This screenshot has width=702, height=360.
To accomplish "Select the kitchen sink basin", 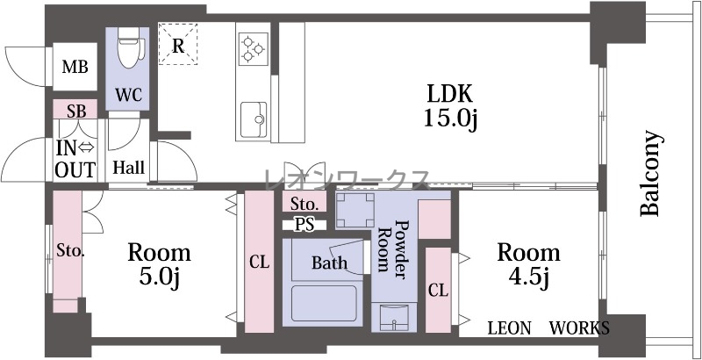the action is point(254,119).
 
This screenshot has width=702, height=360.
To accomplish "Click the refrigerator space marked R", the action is point(178,45).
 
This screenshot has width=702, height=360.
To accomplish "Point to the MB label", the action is point(75,67).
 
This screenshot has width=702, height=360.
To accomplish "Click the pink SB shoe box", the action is point(75,109).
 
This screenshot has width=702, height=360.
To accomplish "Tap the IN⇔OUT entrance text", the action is point(75,159).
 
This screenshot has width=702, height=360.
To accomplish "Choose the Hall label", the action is point(128,168).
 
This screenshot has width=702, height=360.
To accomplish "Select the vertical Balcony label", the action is point(650,173).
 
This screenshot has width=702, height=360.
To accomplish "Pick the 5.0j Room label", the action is point(160,264).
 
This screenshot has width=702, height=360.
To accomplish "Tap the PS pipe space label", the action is point(304,225).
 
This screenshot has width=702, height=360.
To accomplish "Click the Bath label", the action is point(330,263).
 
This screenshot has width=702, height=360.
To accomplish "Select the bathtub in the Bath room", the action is point(324,304).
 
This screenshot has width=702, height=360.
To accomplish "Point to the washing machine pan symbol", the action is point(355,210).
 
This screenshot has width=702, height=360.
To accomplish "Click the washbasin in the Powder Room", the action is point(394,317).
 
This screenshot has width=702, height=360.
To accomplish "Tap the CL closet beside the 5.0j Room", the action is point(259,262).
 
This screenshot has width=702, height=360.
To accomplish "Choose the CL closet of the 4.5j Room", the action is point(438,290).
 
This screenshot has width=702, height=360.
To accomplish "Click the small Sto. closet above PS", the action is point(304,204).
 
